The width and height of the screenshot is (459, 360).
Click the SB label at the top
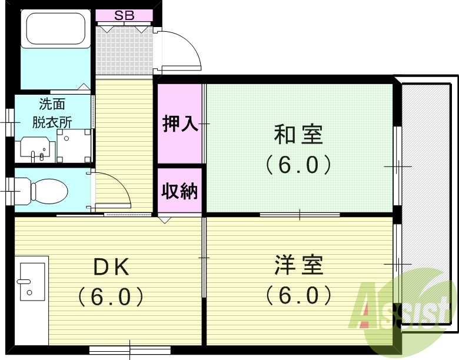(x=124, y=15)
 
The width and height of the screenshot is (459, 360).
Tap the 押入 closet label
(x=180, y=125)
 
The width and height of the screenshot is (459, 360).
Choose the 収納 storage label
(x=180, y=191)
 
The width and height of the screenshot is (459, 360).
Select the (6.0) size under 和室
(x=298, y=165)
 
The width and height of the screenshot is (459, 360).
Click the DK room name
(x=112, y=268)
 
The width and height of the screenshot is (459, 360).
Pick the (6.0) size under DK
(x=112, y=296)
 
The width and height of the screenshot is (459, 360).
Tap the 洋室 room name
(x=298, y=265)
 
